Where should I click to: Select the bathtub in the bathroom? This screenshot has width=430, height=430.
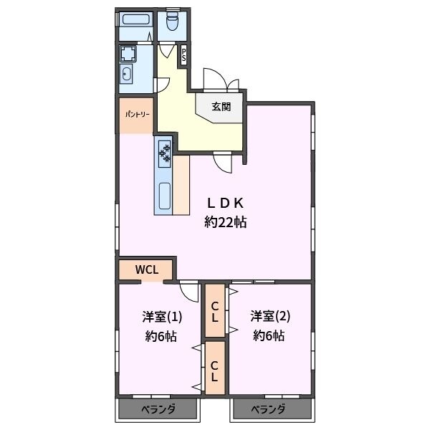(135, 19)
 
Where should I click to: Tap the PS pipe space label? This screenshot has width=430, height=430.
(183, 55)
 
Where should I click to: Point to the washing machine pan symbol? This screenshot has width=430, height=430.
(128, 54)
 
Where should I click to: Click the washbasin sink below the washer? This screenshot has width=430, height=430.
(126, 74)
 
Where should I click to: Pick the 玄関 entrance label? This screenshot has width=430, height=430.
(221, 107)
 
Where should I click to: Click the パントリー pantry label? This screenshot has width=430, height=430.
(138, 114)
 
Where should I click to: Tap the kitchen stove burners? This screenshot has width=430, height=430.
(165, 154)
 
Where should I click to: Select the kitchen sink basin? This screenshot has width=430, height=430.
(165, 196)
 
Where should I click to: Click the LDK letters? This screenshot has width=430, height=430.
(225, 204)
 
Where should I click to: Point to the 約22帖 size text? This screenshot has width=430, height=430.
(225, 222)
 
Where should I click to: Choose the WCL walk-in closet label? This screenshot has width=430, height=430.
(147, 270)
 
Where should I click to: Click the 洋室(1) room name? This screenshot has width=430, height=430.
(162, 317)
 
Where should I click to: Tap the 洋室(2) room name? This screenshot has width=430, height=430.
(270, 316)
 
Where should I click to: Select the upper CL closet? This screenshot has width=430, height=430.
(215, 311)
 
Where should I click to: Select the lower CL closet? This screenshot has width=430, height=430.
(215, 368)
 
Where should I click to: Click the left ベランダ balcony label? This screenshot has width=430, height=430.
(158, 409)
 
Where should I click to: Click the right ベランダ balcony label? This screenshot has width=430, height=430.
(268, 409)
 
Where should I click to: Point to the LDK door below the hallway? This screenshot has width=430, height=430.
(223, 163)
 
